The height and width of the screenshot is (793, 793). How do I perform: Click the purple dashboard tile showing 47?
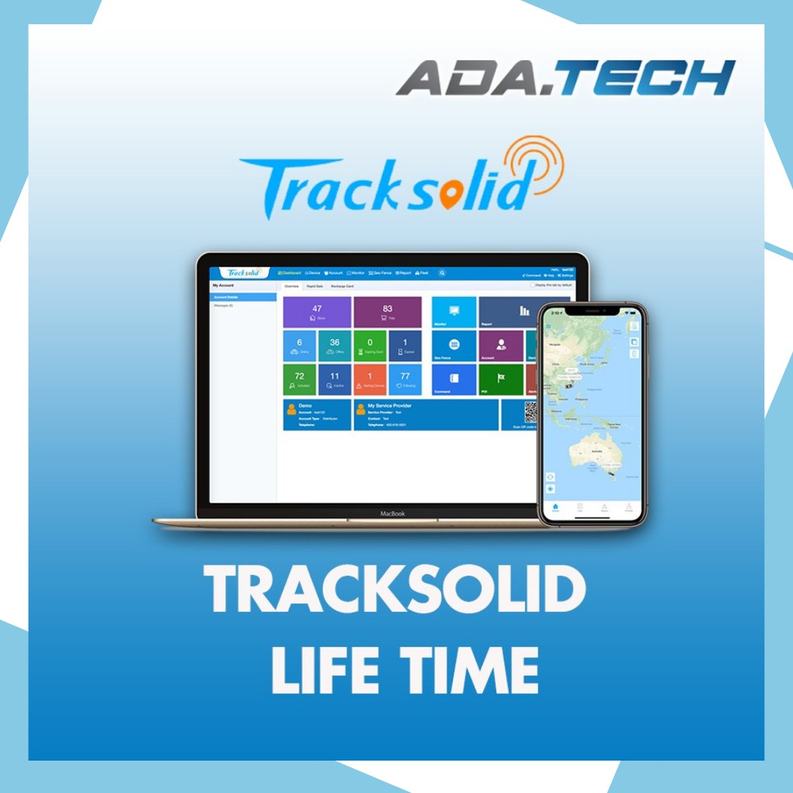tap(317, 312)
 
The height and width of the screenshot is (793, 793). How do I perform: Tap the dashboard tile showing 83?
tap(387, 312)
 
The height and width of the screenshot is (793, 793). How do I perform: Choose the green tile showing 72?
tap(299, 379)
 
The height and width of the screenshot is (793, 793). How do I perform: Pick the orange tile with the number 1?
tap(369, 379)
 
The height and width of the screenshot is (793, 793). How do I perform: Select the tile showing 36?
tap(334, 346)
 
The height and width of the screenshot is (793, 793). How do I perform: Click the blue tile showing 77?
tap(404, 379)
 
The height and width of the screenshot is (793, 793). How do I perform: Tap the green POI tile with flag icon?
tap(500, 379)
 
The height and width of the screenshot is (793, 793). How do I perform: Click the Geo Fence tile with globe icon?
tap(454, 346)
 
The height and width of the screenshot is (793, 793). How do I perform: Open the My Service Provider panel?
tap(426, 415)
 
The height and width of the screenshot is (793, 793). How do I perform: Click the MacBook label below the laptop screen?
tap(393, 513)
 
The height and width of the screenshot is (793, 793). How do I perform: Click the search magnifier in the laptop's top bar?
tap(441, 273)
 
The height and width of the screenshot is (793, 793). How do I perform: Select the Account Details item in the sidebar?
tap(243, 297)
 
